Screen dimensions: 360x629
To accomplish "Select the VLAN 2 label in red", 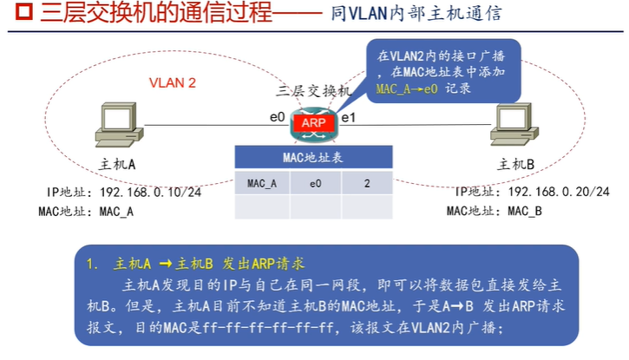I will tap(173, 83).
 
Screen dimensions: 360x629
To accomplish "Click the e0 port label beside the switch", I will tap(277, 117).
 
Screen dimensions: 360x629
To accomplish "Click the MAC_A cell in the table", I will tap(262, 183).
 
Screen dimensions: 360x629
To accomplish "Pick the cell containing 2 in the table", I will tap(367, 183).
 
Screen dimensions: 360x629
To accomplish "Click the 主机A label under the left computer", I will tap(117, 165).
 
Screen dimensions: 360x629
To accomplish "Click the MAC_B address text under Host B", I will tap(525, 211).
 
